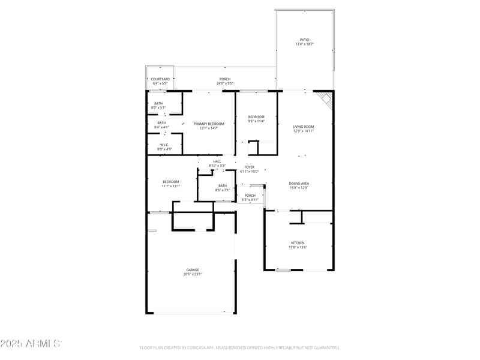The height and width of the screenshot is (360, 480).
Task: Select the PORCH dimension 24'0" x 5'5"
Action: [225, 83]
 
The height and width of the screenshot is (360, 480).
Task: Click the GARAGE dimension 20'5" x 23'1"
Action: [193, 274]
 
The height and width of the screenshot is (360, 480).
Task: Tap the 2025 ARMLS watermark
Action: [30, 344]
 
